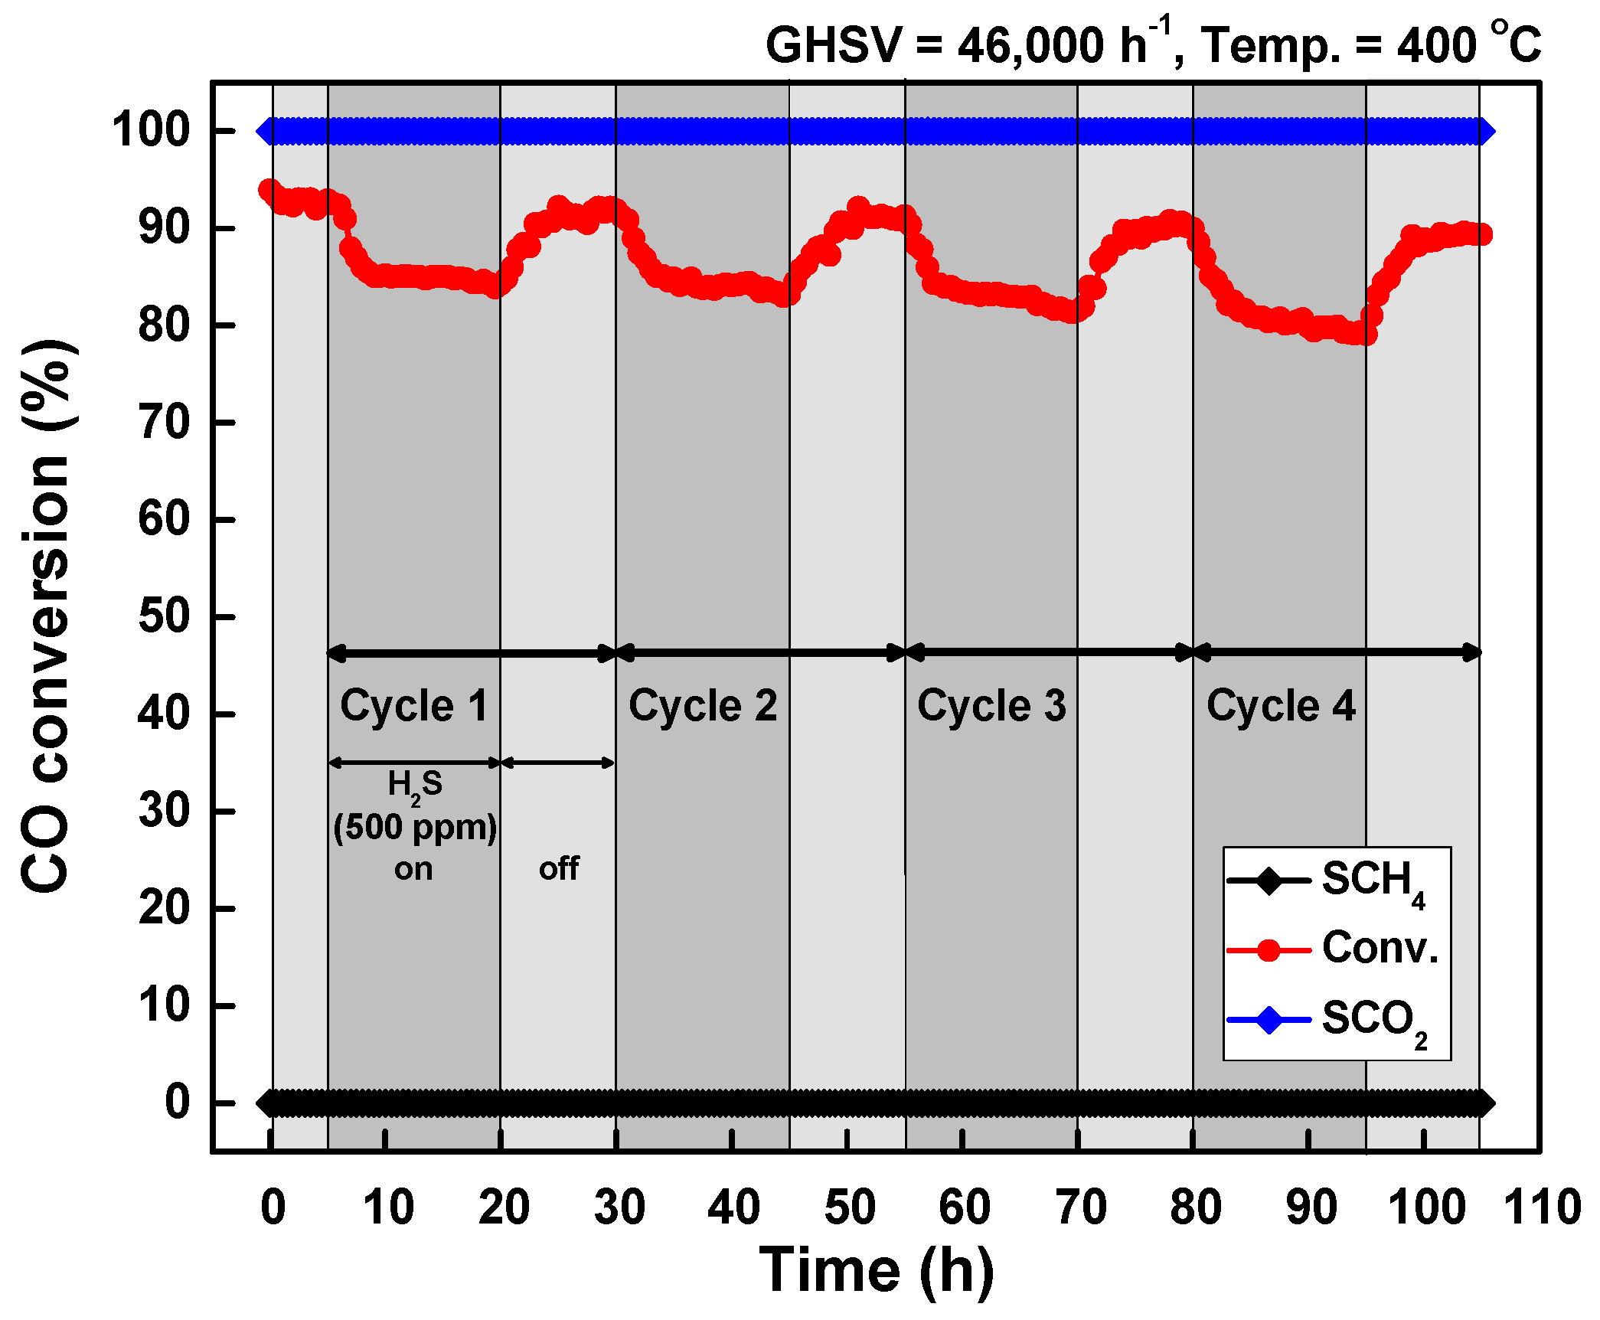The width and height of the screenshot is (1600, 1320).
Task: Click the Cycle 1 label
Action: coord(413,705)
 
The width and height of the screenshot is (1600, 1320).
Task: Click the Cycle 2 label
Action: coord(702,705)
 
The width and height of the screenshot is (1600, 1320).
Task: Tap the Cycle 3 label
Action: coord(991,705)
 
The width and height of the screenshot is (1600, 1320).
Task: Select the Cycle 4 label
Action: coord(1281,705)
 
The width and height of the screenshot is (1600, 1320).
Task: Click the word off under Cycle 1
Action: coord(559,869)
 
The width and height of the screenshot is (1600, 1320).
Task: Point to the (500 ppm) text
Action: coord(415,828)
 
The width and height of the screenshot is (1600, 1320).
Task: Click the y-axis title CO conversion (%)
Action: coord(47,616)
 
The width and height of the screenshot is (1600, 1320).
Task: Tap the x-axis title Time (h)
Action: coord(877,1269)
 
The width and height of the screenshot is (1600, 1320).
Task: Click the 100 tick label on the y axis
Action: coord(151,130)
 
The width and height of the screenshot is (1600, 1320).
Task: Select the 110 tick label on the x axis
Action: coord(1542,1207)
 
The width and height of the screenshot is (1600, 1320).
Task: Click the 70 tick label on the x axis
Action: coord(1080,1207)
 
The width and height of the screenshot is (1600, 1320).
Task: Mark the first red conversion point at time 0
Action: coord(269,189)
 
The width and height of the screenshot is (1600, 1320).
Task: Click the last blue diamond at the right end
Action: coord(1483,131)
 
